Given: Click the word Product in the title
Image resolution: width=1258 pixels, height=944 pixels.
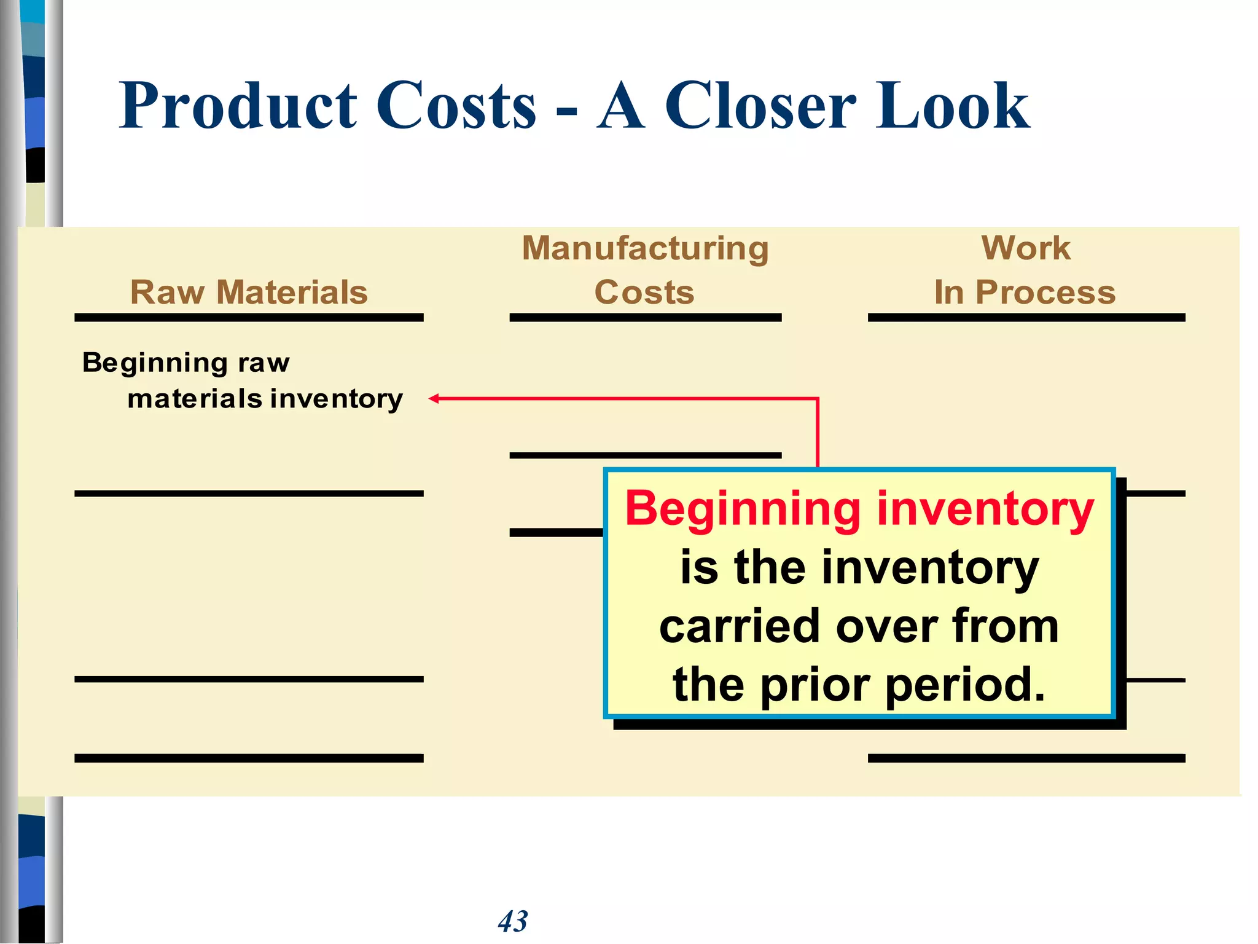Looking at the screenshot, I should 238,106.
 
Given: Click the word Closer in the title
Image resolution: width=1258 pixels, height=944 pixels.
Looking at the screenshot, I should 760,106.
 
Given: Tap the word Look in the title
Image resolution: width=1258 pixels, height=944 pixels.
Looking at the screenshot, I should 953,106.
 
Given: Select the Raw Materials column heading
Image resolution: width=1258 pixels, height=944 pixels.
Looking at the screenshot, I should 249,292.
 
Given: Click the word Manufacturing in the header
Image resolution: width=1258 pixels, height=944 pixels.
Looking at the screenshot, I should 645,248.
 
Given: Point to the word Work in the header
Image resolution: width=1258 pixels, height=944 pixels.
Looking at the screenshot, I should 1026,248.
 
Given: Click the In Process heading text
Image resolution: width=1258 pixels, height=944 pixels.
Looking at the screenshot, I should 1025,292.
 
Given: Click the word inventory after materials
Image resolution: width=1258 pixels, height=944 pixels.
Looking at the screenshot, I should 337,399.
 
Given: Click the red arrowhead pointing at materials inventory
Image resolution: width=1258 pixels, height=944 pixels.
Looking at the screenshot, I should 434,399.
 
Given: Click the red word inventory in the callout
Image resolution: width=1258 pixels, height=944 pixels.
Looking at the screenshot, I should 985,510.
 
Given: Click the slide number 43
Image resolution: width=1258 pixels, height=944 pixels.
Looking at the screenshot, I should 513,921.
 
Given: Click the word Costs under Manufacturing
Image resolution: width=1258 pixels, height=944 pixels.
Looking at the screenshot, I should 644,292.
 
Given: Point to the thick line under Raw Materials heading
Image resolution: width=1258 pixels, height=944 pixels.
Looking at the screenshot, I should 249,318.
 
